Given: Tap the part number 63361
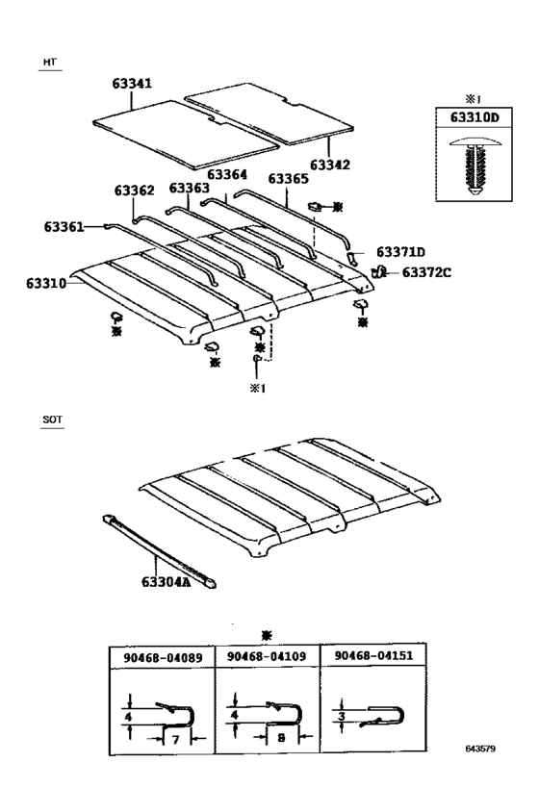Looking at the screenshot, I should click(x=64, y=226).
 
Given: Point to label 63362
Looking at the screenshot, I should click(x=135, y=191).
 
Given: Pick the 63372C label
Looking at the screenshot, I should click(x=426, y=272).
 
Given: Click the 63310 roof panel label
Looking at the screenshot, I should click(x=46, y=284).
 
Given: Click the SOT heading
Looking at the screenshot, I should click(x=52, y=420).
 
